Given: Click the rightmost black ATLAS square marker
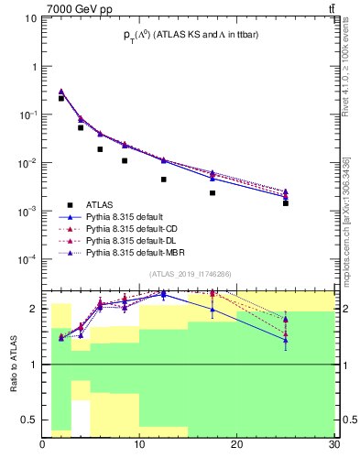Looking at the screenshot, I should pos(286,202).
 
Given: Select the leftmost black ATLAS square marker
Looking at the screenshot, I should pos(61,98).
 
